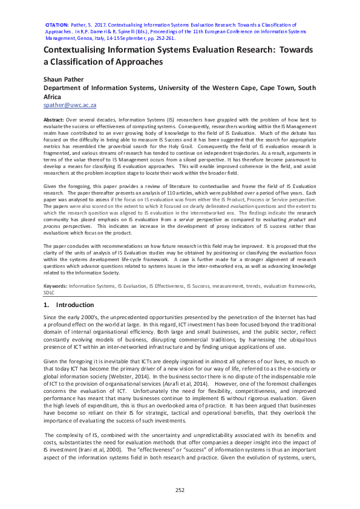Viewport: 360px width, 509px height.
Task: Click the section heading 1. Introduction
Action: tap(68, 305)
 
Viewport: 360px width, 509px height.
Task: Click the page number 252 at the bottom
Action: tap(180, 490)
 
